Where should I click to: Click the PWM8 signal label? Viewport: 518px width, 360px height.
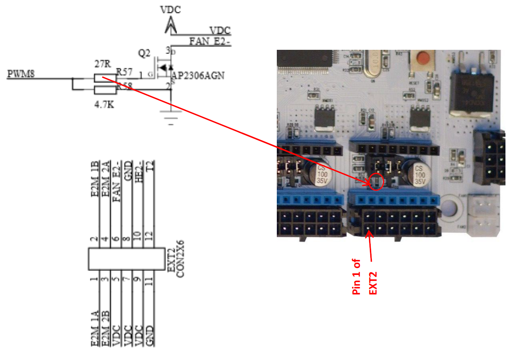pyautogui.click(x=21, y=74)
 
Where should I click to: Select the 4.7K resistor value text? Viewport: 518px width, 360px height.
pyautogui.click(x=104, y=105)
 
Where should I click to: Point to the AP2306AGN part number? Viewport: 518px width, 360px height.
pyautogui.click(x=198, y=76)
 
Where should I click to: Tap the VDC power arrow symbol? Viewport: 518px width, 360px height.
pyautogui.click(x=170, y=26)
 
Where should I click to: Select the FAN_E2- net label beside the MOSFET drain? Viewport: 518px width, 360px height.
pyautogui.click(x=210, y=41)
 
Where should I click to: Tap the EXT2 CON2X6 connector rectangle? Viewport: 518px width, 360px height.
pyautogui.click(x=127, y=259)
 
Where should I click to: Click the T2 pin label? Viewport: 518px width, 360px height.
pyautogui.click(x=150, y=166)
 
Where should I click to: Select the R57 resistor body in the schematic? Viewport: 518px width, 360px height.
pyautogui.click(x=104, y=78)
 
